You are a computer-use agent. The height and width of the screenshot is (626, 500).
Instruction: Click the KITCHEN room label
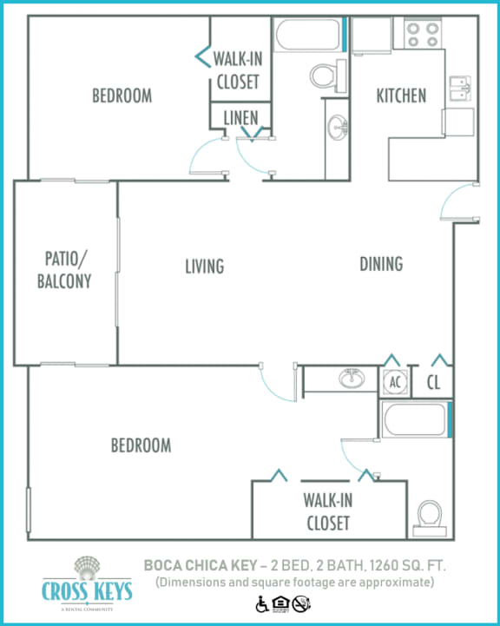click(x=401, y=96)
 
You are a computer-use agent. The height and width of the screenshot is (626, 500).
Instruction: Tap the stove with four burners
click(x=422, y=34)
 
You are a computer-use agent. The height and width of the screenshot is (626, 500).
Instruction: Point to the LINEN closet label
click(x=240, y=117)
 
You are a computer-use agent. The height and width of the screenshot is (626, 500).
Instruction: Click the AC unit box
click(x=394, y=380)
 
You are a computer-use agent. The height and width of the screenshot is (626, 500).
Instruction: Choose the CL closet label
click(x=435, y=380)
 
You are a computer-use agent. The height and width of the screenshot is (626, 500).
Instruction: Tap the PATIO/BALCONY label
click(x=67, y=269)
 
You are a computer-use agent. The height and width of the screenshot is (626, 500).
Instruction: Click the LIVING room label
click(x=205, y=266)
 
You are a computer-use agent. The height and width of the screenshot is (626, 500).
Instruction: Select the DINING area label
click(x=381, y=263)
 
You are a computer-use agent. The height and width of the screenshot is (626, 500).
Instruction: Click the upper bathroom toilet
click(x=324, y=76)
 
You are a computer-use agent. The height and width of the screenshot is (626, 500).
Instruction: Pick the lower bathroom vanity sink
click(x=352, y=379)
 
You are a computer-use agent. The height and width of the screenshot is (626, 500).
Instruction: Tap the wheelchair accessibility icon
click(x=261, y=603)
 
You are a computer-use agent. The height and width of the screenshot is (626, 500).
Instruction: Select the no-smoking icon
click(x=301, y=603)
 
